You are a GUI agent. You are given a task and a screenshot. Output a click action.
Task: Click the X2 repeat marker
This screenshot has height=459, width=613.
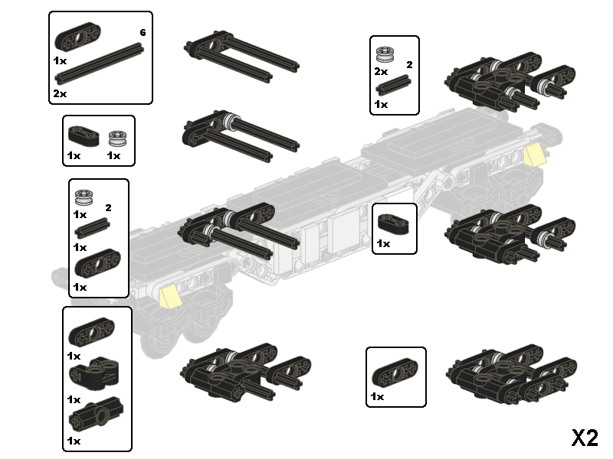coord(584,437)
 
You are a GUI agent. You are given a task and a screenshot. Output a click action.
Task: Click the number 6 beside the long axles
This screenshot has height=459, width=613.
coord(143,32)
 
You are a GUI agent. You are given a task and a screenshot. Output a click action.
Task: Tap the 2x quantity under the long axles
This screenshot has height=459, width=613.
coord(60,93)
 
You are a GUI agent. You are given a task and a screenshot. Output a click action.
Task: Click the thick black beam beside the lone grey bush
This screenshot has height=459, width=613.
coord(84,135)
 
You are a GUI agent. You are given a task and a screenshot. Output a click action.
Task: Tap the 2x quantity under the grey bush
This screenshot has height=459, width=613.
coord(381,71)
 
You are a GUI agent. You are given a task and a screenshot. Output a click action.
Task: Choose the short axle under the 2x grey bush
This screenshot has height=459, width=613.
coord(394,86)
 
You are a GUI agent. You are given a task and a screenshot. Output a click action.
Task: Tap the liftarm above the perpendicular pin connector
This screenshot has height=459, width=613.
coord(91,334)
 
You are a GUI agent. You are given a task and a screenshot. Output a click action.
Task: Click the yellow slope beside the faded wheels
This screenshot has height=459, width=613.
coord(169,295)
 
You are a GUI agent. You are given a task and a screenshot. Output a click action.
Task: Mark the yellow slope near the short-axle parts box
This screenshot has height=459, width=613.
coord(534,155)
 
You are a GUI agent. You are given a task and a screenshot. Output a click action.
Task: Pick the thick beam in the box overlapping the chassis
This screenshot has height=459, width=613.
coord(394,224)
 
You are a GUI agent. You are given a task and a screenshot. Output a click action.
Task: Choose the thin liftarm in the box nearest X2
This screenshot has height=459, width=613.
coord(395,375)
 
